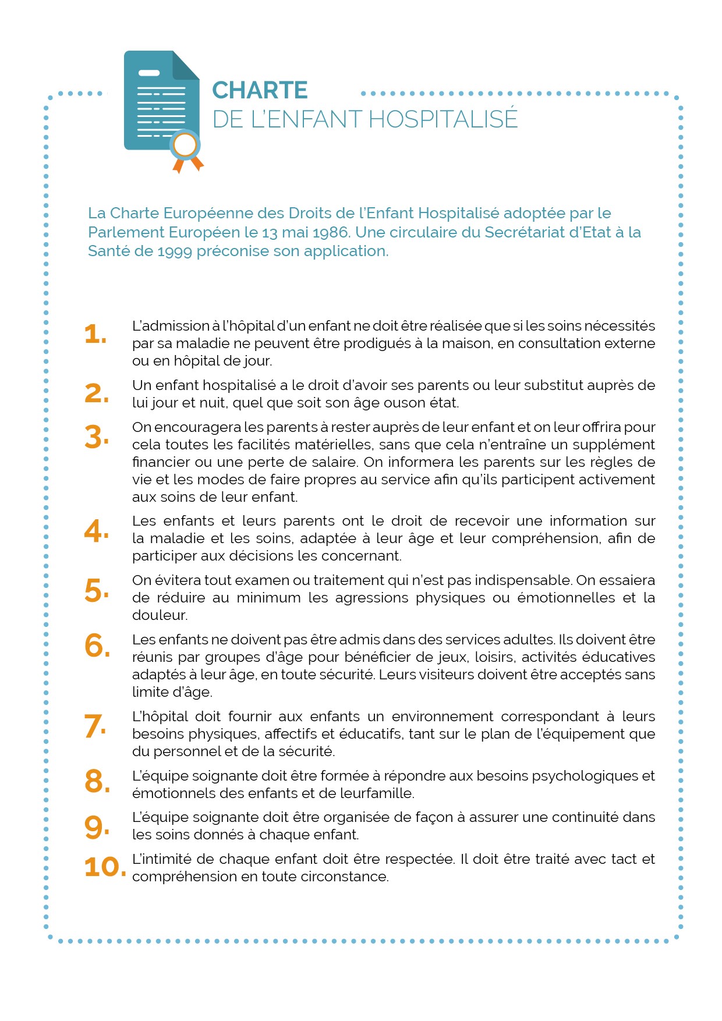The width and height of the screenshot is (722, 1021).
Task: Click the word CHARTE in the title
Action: coord(260,90)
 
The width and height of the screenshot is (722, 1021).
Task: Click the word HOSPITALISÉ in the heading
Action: coord(443,119)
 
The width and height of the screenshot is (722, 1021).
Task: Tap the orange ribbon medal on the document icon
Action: coord(186,148)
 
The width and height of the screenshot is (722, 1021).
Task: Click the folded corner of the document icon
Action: coord(186,65)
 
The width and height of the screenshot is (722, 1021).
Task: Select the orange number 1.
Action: coord(95,334)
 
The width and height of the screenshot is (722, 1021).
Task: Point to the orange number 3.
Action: coord(96,437)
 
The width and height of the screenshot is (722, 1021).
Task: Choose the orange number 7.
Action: coord(95,726)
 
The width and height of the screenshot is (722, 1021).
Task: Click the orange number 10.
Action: coord(105,867)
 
